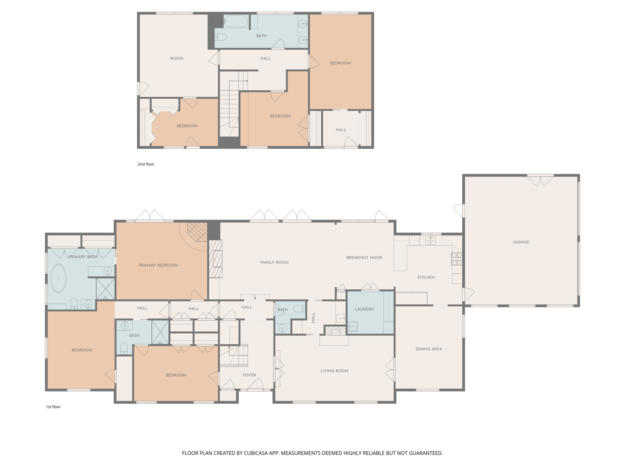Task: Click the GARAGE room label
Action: (521, 242)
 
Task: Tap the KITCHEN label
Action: (426, 277)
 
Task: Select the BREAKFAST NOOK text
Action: (364, 257)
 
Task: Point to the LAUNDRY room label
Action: (364, 309)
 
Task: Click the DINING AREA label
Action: (428, 349)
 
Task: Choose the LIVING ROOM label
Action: (334, 371)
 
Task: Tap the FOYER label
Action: (249, 375)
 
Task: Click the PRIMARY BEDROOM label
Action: (158, 265)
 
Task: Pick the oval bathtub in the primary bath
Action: (58, 278)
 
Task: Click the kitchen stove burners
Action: (457, 259)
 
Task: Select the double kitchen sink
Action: (430, 241)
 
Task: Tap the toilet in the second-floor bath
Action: (221, 37)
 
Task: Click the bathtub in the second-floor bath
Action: (236, 21)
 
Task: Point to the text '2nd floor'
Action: (146, 164)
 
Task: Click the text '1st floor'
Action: (53, 407)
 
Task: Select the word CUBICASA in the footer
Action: (255, 453)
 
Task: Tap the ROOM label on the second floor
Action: (177, 58)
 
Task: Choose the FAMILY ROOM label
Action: (274, 262)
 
